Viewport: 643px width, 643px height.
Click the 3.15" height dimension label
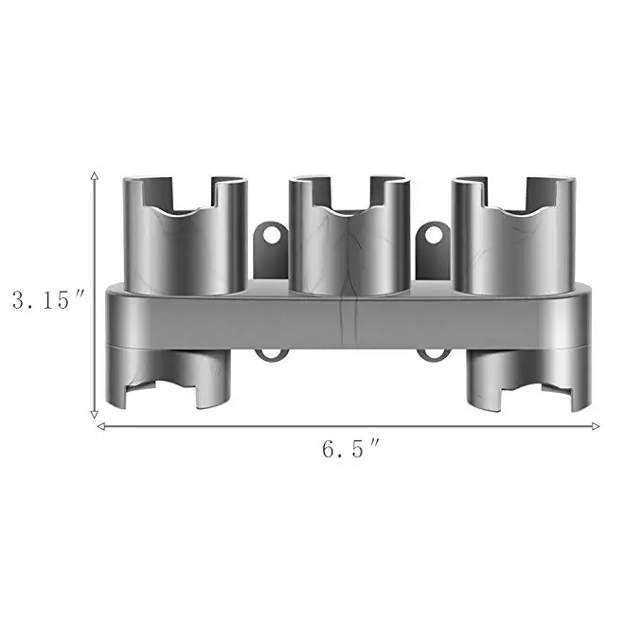coord(48,300)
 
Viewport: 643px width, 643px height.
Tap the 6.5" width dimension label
coord(349,449)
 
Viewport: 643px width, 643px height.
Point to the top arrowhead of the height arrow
coord(95,176)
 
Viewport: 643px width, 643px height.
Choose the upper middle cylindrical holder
coord(348,237)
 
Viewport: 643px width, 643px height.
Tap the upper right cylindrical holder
coord(511,237)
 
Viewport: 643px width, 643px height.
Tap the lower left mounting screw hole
coord(271,356)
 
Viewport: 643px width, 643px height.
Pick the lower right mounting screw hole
coord(433,356)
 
